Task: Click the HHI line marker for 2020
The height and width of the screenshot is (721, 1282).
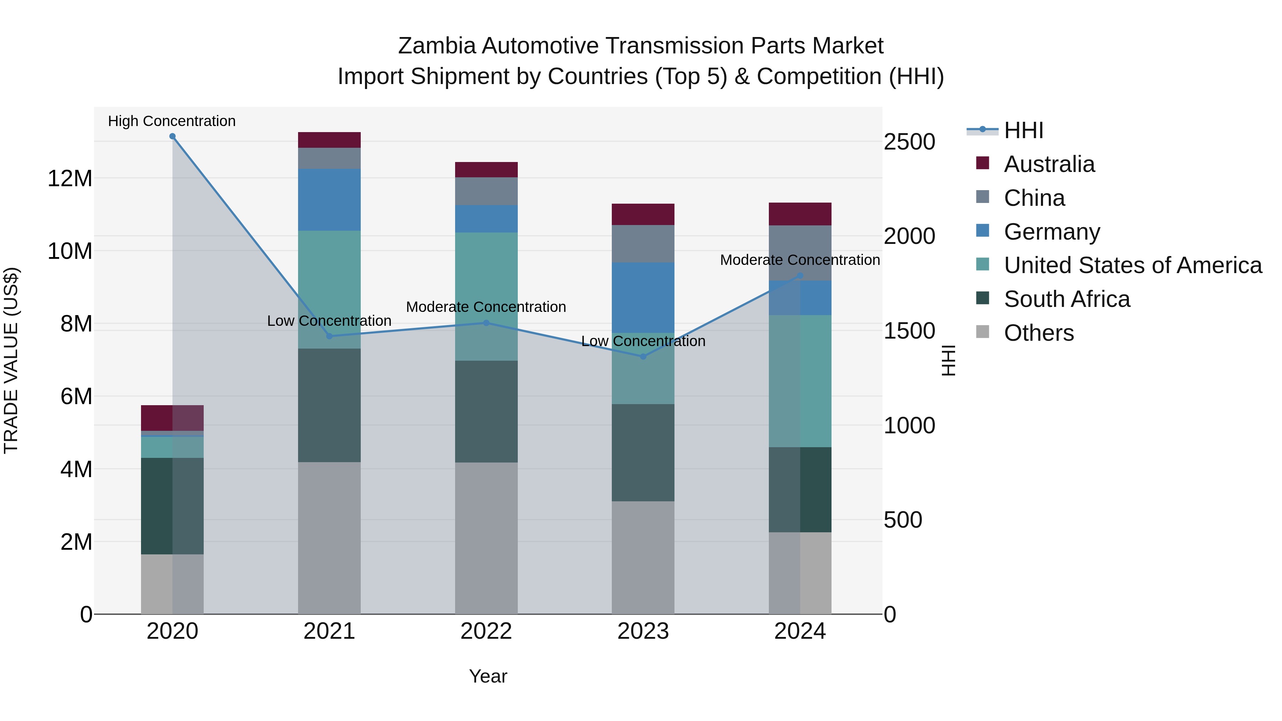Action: click(x=172, y=136)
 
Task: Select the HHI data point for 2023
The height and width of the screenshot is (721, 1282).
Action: click(x=643, y=356)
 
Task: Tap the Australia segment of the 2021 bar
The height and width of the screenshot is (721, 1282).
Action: click(x=329, y=140)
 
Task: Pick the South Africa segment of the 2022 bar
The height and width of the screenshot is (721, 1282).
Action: click(x=486, y=412)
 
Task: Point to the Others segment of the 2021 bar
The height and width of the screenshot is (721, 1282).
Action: click(x=329, y=537)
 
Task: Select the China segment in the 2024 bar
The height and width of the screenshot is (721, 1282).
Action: click(x=800, y=253)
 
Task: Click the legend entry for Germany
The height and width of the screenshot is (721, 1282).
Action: click(x=1051, y=232)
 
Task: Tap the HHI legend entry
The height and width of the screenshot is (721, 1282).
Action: click(x=1023, y=130)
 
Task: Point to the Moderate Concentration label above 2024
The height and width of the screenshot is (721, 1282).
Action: click(x=800, y=260)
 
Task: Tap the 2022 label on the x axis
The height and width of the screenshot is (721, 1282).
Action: click(x=486, y=631)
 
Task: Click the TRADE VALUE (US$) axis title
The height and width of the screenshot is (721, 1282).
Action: click(x=11, y=360)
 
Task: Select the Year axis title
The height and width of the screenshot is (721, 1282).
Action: click(x=488, y=676)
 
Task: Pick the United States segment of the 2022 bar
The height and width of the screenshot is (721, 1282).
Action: click(x=486, y=297)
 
